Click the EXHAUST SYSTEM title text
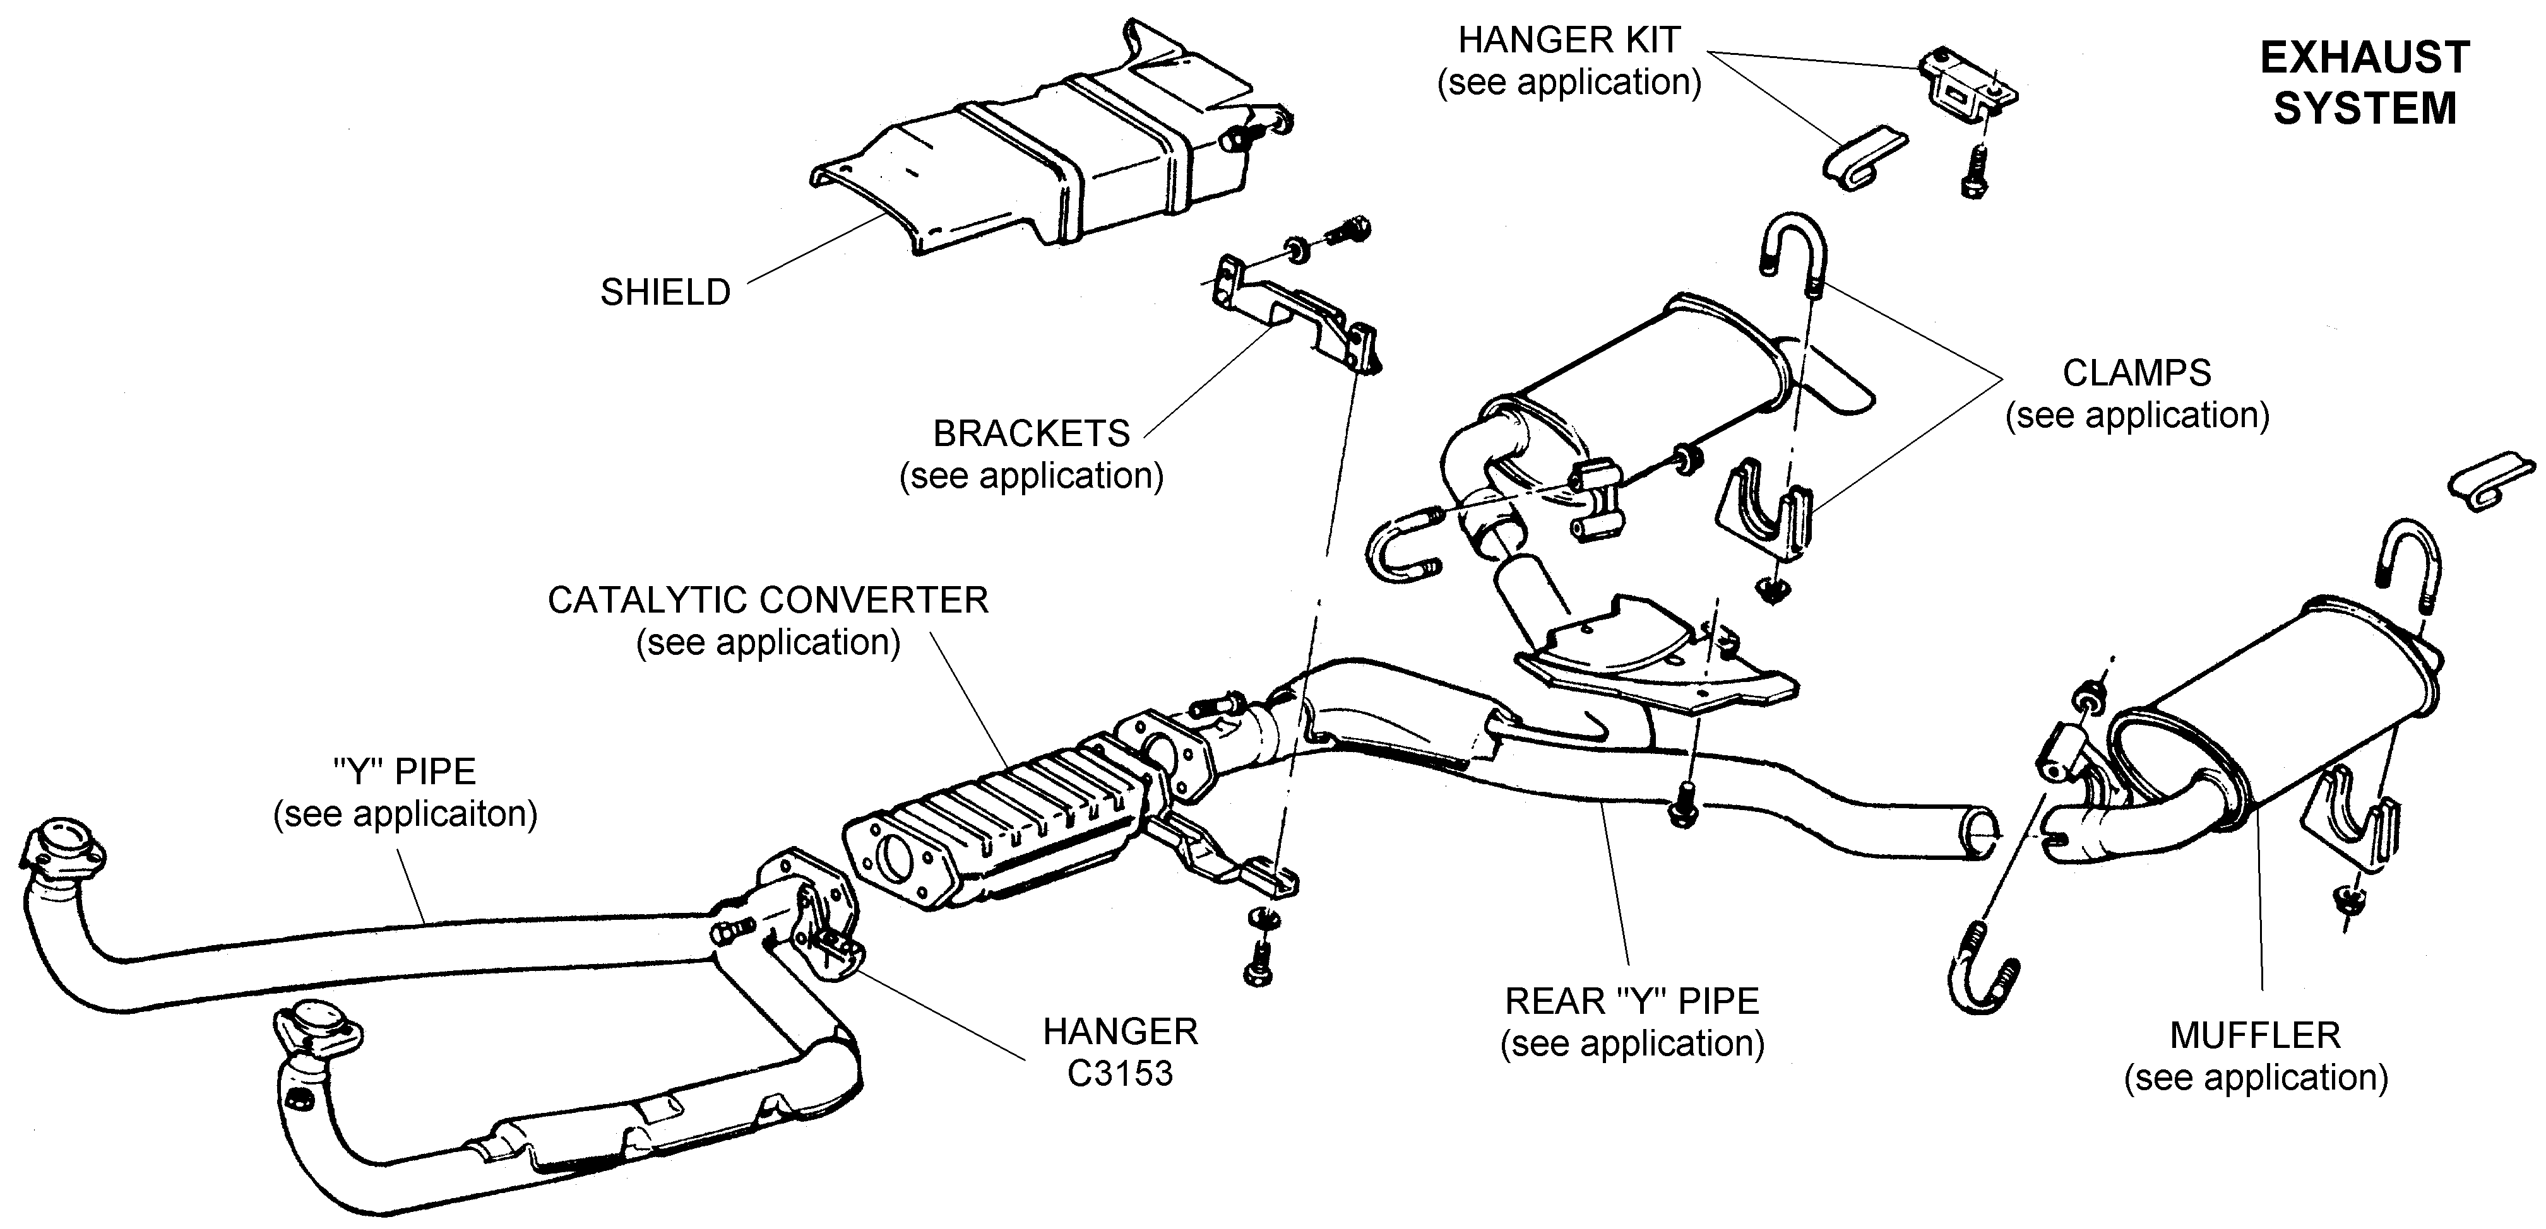tap(2364, 83)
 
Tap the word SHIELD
tap(665, 293)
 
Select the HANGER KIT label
tap(1569, 40)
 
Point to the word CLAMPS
tap(2136, 373)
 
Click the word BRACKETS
tap(1031, 433)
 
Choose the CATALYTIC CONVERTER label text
tap(768, 601)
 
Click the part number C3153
tap(1120, 1074)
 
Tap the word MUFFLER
tap(2254, 1035)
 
